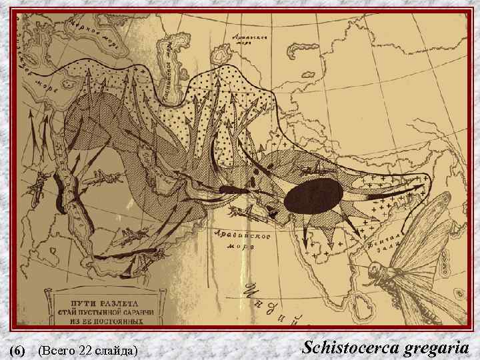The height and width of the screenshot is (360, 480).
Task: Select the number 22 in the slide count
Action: click(x=85, y=349)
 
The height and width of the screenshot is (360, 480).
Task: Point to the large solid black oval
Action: click(x=313, y=197)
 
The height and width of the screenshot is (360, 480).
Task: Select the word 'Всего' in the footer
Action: click(x=59, y=349)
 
